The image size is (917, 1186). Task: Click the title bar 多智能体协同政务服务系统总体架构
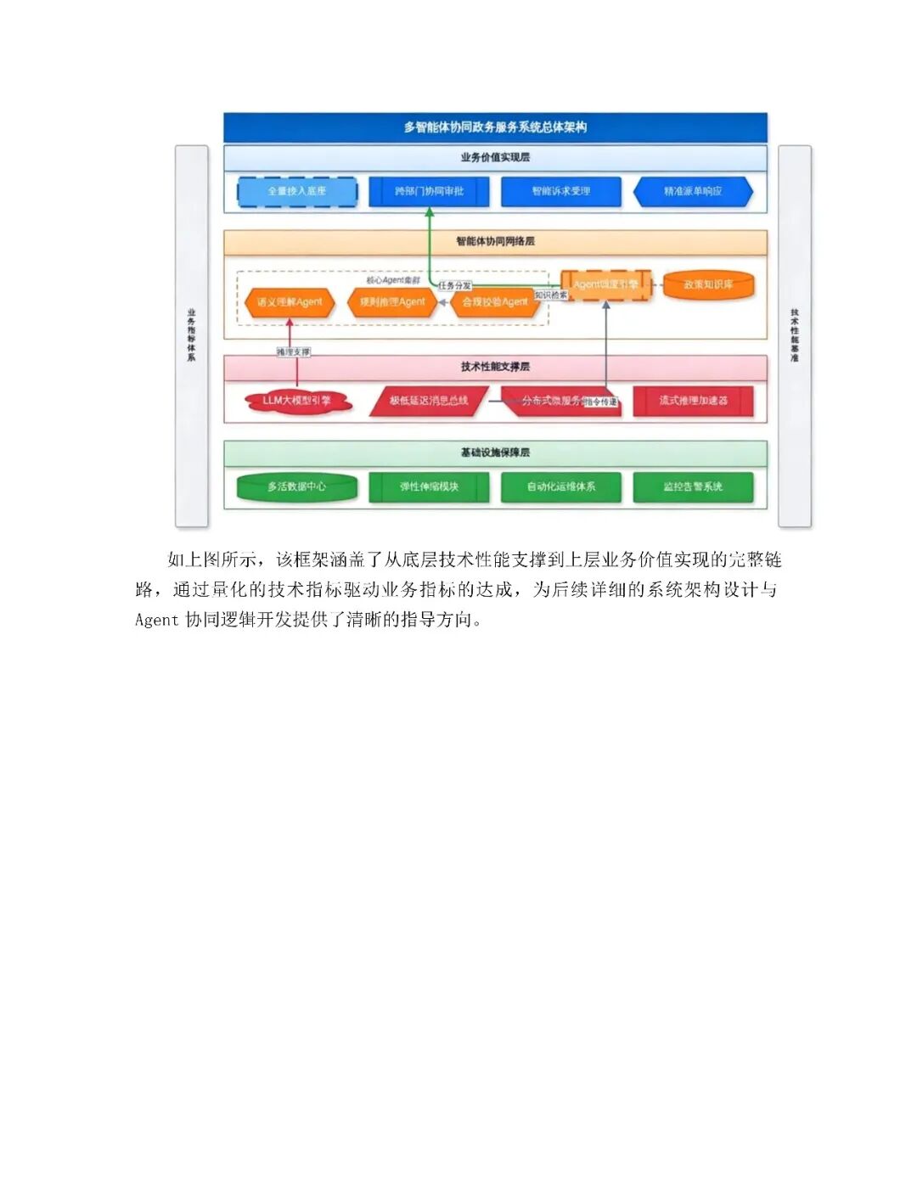[x=495, y=127]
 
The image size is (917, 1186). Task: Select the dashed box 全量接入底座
[x=296, y=191]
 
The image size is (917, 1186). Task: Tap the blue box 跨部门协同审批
[x=429, y=191]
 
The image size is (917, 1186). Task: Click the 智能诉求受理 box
[x=560, y=191]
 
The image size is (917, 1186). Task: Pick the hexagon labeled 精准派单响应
[x=693, y=192]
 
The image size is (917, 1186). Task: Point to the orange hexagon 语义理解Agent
[x=290, y=302]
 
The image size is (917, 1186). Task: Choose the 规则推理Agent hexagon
[x=391, y=302]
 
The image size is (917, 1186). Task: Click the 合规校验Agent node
[x=494, y=302]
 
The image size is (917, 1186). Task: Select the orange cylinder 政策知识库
[x=708, y=285]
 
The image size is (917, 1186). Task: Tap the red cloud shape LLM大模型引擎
[x=297, y=401]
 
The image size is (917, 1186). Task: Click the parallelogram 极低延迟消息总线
[x=429, y=401]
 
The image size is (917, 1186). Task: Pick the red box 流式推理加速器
[x=693, y=401]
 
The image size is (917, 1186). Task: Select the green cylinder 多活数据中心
[x=296, y=487]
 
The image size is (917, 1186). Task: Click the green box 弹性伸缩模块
[x=429, y=487]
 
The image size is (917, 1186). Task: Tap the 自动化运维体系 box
[x=560, y=487]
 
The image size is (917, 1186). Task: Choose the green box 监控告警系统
[x=693, y=487]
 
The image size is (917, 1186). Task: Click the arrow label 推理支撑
[x=293, y=351]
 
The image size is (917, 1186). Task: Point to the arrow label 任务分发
[x=454, y=286]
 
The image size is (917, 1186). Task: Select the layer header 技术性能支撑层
[x=495, y=367]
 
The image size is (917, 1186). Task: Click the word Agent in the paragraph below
[x=157, y=620]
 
